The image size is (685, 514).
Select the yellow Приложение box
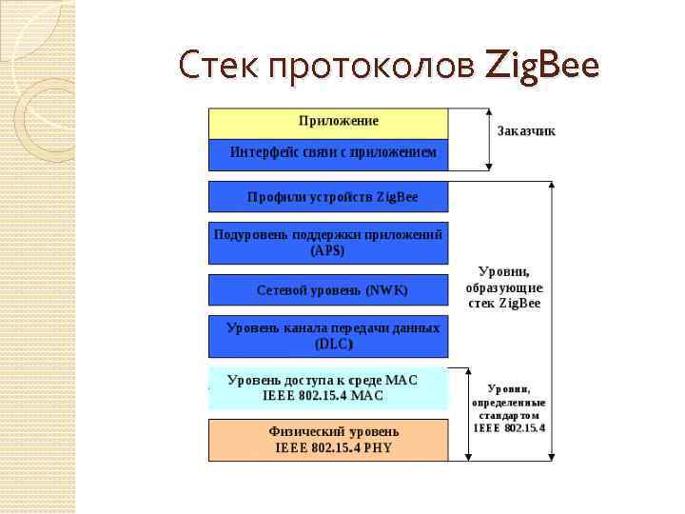328,122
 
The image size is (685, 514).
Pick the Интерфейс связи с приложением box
328,153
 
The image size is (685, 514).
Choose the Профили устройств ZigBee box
328,197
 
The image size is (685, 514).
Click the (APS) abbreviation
328,251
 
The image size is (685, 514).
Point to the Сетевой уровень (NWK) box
328,289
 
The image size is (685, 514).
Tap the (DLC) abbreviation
334,345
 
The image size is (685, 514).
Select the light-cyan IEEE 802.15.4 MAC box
328,388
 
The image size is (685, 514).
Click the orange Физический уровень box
328,440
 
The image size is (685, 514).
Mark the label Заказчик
526,130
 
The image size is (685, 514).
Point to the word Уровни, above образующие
504,270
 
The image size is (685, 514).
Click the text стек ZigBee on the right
504,303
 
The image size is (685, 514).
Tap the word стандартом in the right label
509,415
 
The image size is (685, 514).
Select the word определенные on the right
509,402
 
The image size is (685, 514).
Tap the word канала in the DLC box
309,328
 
